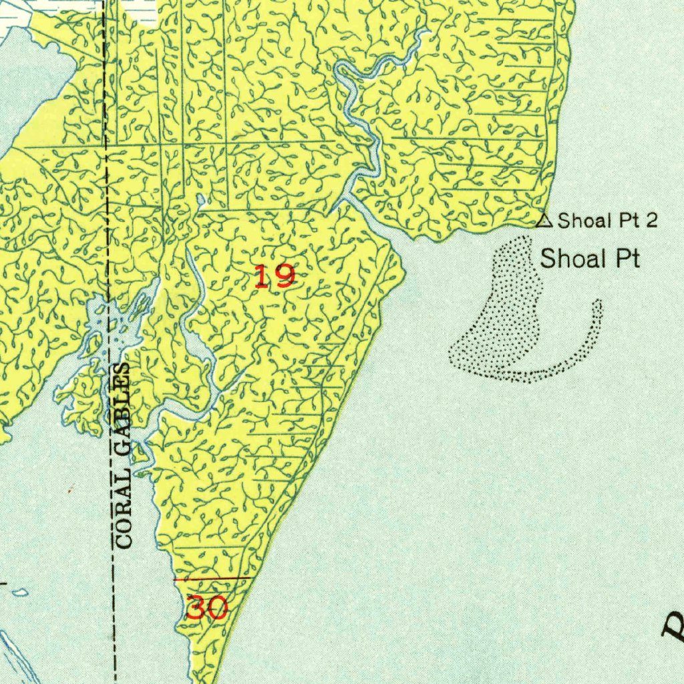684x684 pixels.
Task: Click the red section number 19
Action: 275,276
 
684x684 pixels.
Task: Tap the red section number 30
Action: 207,608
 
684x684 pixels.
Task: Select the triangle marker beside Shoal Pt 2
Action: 545,219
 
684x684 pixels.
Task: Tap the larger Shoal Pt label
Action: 590,259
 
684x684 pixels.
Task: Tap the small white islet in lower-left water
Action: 20,592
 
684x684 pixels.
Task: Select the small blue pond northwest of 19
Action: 202,200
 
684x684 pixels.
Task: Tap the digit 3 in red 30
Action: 196,608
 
